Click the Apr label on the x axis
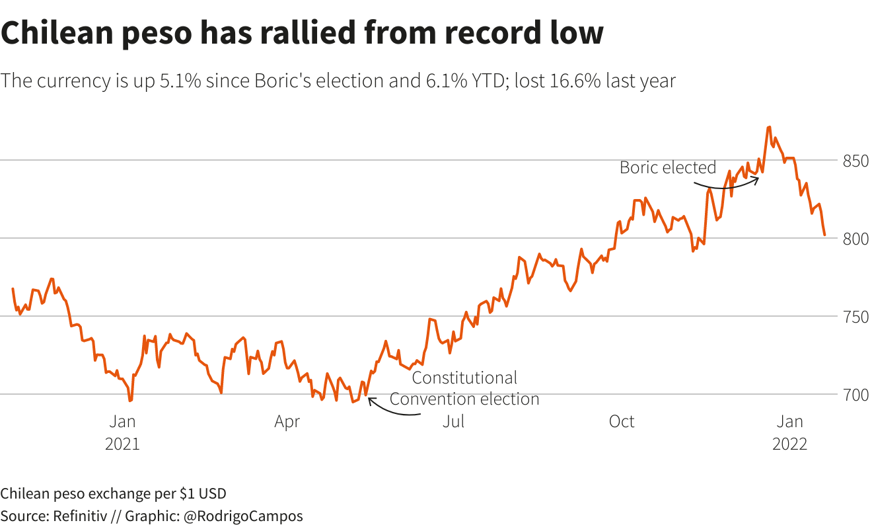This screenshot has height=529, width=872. click(287, 422)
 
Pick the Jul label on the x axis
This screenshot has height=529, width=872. click(454, 422)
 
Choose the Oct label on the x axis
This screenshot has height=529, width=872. click(622, 422)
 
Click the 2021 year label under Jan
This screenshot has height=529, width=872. click(122, 444)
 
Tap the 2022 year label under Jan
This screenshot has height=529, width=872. click(790, 444)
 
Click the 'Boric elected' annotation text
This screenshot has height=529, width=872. click(668, 168)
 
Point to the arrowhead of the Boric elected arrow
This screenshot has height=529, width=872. click(757, 177)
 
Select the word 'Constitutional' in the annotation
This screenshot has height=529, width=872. click(464, 378)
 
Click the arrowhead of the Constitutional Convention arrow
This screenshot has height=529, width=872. click(369, 399)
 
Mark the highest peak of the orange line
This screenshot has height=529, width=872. click(769, 127)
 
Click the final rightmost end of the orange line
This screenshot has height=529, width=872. click(824, 235)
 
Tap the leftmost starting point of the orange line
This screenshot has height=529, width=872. click(13, 289)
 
